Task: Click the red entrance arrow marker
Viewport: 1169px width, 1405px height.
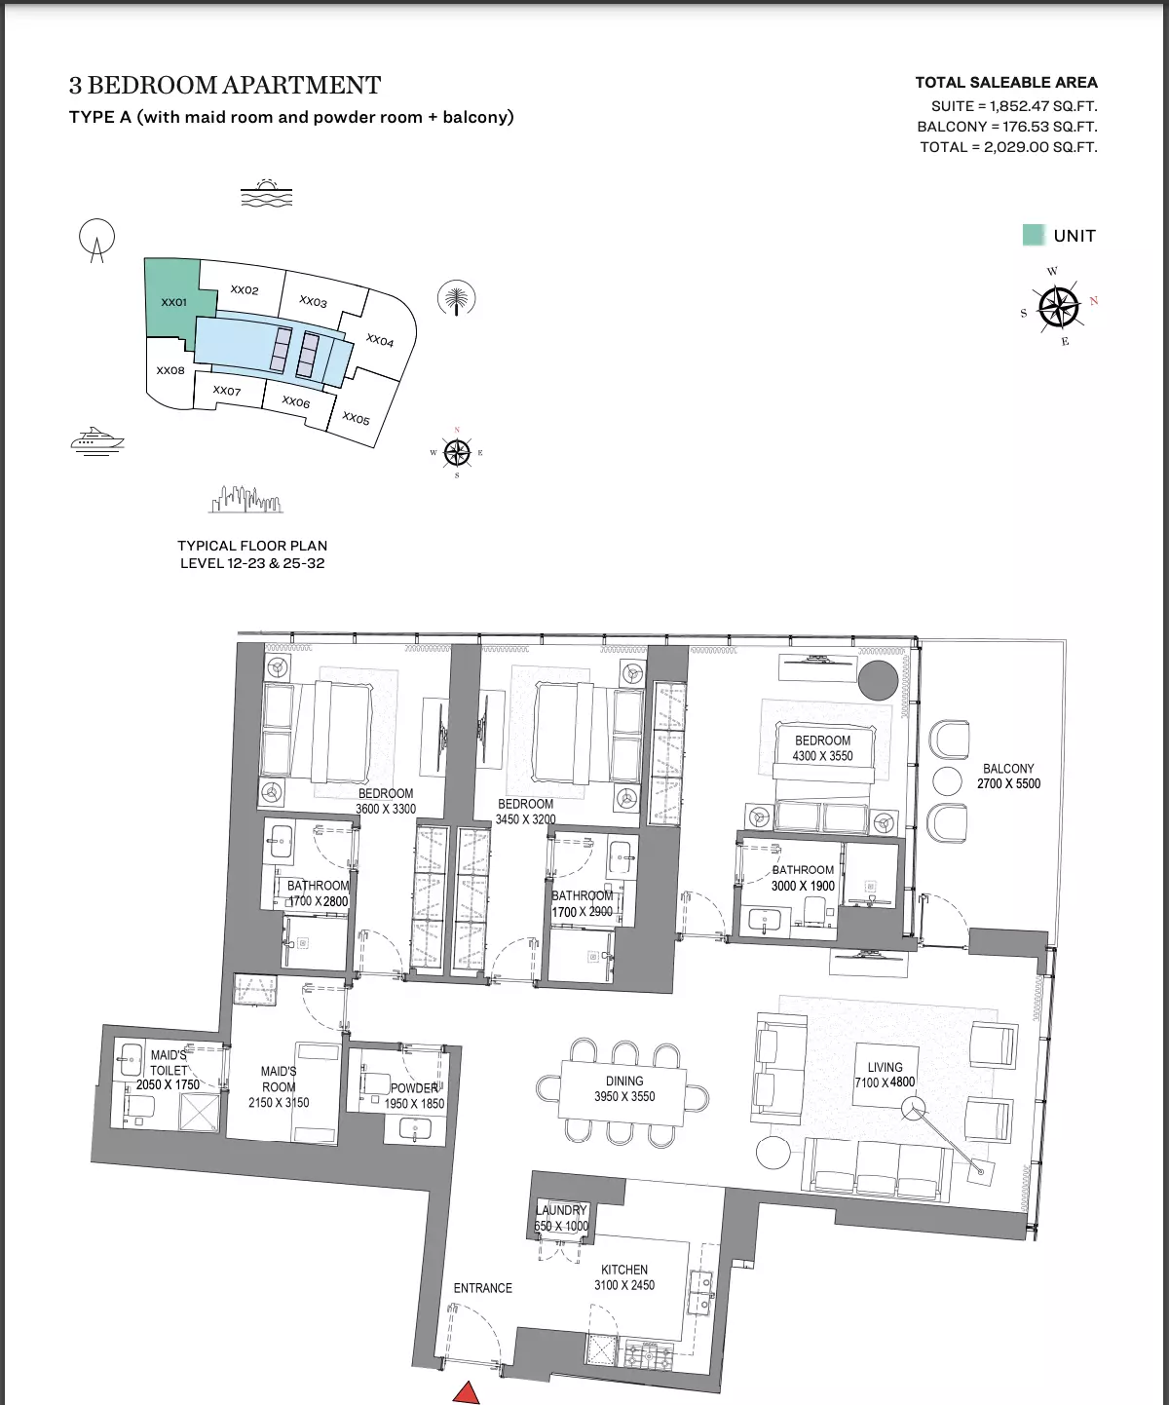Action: pyautogui.click(x=467, y=1392)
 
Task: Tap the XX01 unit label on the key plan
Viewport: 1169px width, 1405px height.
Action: pyautogui.click(x=173, y=302)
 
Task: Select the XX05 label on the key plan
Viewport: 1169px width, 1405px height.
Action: pyautogui.click(x=356, y=419)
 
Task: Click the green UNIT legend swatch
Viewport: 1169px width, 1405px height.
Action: pyautogui.click(x=1034, y=235)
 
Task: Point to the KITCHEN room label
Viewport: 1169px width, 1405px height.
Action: pyautogui.click(x=623, y=1269)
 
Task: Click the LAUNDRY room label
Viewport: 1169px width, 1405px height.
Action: pyautogui.click(x=561, y=1210)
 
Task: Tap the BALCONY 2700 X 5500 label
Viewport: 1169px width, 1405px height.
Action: pyautogui.click(x=1008, y=776)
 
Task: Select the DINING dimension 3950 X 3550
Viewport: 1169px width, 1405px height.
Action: pyautogui.click(x=624, y=1096)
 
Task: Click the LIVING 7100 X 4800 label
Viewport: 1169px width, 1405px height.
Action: pyautogui.click(x=885, y=1075)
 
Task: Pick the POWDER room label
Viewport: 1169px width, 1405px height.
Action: pyautogui.click(x=415, y=1088)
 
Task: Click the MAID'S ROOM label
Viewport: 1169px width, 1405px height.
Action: pyautogui.click(x=279, y=1079)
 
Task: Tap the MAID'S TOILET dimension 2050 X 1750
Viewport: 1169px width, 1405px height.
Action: pyautogui.click(x=168, y=1084)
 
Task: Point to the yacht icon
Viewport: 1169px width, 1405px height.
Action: pyautogui.click(x=97, y=440)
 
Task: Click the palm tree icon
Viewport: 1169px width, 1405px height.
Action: pyautogui.click(x=456, y=298)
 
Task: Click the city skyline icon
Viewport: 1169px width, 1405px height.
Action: pyautogui.click(x=245, y=499)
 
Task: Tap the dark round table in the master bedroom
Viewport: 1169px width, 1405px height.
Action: pyautogui.click(x=878, y=680)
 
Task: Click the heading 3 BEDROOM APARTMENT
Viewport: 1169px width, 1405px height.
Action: pyautogui.click(x=225, y=86)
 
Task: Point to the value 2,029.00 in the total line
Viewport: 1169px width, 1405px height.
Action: pyautogui.click(x=1011, y=147)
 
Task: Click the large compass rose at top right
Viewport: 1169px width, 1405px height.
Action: pyautogui.click(x=1059, y=306)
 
